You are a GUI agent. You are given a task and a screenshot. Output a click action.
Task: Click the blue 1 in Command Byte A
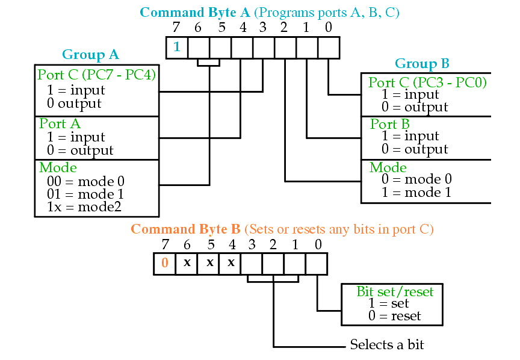177,47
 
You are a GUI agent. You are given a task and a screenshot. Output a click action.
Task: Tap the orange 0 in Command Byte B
165,262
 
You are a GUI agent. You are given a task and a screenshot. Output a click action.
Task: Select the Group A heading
90,55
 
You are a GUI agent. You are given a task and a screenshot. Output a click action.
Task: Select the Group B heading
422,63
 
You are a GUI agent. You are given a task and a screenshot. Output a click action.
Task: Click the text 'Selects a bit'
387,344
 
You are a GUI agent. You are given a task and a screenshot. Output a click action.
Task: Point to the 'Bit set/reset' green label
395,291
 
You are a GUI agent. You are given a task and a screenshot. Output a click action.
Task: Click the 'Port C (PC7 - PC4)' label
96,75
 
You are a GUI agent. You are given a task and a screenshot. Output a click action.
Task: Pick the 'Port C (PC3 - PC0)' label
427,82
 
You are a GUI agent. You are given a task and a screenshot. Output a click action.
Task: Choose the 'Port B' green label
389,124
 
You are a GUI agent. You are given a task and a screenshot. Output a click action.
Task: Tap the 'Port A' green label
60,124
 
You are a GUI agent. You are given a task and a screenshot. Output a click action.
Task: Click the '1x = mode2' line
84,206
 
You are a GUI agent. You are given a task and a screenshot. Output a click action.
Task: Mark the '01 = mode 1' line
85,194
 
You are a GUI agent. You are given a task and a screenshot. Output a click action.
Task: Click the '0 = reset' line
394,315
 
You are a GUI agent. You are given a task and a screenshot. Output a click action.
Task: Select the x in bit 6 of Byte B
187,262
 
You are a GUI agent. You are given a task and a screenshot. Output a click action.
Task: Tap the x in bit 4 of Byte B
231,262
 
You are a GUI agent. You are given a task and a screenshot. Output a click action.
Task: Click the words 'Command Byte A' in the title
194,13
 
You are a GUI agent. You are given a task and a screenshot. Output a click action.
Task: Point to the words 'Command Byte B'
185,229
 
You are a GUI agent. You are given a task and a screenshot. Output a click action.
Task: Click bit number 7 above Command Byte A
176,27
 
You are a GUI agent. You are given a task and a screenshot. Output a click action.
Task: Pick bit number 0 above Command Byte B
318,244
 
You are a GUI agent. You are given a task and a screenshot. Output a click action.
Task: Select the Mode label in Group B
388,167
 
